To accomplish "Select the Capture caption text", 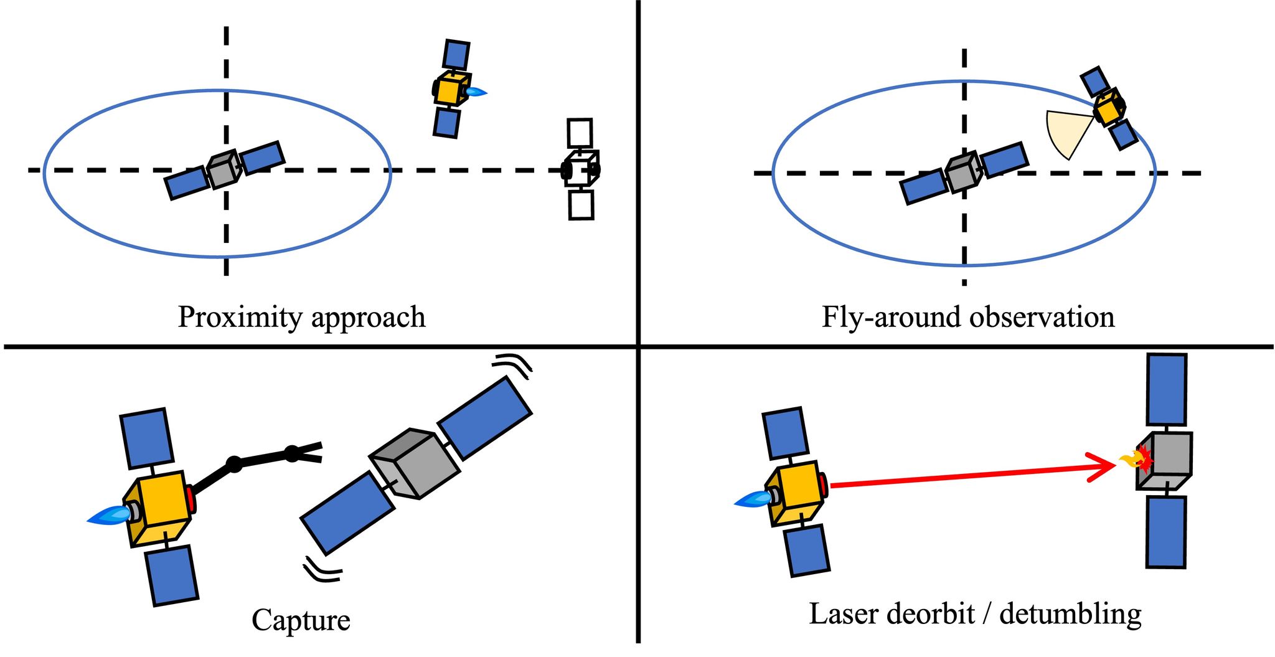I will click(x=301, y=620).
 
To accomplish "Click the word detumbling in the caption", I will click(x=1070, y=614).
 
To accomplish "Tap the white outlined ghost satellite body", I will click(x=581, y=169).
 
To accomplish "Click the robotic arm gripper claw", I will click(x=308, y=451).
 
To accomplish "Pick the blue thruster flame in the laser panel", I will click(x=754, y=499).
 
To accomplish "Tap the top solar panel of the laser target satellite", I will click(x=1166, y=390).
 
